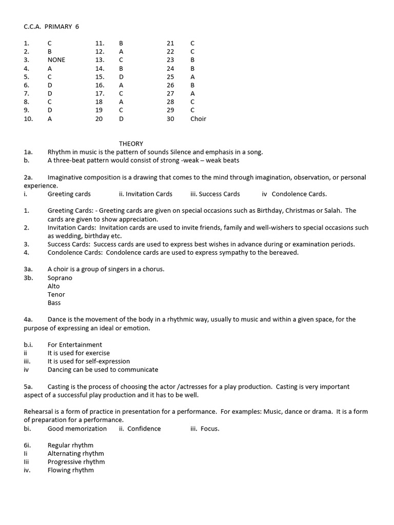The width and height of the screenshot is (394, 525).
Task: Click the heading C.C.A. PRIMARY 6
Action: point(51,27)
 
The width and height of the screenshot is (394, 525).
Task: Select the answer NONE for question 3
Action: point(56,60)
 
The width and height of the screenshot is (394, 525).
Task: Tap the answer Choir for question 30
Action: point(198,119)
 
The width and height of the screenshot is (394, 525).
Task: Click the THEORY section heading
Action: point(131,144)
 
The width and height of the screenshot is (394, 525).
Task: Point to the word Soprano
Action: point(60,278)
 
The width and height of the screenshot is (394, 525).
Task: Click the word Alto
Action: point(54,286)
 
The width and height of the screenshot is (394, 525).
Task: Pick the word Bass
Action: point(54,303)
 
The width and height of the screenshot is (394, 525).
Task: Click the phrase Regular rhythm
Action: point(70,445)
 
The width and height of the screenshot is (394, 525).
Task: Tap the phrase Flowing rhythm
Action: point(71,470)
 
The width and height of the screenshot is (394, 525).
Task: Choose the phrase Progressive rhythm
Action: point(76,462)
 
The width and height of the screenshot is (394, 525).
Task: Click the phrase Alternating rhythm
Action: point(75,454)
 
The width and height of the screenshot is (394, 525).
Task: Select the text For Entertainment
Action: point(75,345)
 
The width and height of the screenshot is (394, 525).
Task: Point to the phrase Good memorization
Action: point(77,429)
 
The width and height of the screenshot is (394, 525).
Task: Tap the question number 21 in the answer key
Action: point(170,43)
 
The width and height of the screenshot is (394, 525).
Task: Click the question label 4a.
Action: point(28,319)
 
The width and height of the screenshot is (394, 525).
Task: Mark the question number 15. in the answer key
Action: point(100,77)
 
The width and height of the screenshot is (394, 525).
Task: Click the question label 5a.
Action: point(28,387)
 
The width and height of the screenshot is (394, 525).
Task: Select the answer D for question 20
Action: point(121,119)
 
